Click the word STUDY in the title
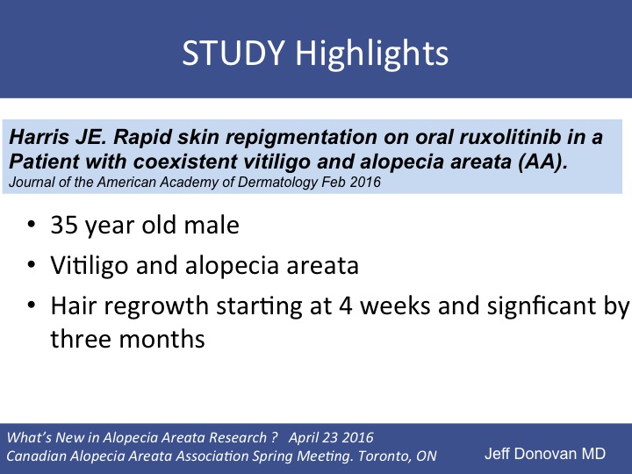[x=233, y=53]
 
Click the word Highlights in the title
[x=372, y=54]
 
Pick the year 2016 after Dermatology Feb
[x=365, y=183]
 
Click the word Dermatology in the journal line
[x=276, y=183]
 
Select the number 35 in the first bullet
[x=64, y=225]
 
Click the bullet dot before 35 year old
[x=32, y=224]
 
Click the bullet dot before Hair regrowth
[x=32, y=305]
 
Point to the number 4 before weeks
[x=346, y=305]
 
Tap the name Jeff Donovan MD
[x=545, y=454]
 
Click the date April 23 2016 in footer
[x=331, y=438]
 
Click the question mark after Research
[x=275, y=437]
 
